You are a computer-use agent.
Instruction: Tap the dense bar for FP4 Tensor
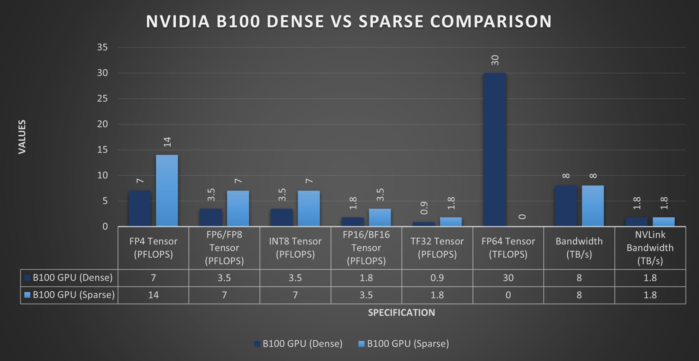[x=140, y=208]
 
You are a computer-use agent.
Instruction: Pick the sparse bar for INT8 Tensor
[x=309, y=208]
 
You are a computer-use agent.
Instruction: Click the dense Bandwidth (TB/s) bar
[x=565, y=206]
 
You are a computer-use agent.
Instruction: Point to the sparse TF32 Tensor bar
[x=451, y=222]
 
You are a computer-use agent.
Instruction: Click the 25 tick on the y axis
[x=102, y=99]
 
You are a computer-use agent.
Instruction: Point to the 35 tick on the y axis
[x=102, y=47]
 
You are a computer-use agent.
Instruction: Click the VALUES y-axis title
[x=22, y=137]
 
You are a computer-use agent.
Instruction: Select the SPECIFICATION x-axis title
[x=401, y=312]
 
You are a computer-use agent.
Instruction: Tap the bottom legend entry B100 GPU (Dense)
[x=298, y=344]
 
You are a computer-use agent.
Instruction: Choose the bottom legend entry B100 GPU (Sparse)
[x=404, y=344]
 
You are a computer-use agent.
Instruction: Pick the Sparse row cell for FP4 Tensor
[x=153, y=295]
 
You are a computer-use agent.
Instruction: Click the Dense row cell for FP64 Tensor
[x=508, y=278]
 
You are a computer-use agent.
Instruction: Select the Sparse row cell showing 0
[x=508, y=295]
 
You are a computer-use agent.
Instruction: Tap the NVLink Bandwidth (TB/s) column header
[x=650, y=248]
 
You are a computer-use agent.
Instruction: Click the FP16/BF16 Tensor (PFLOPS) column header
[x=366, y=248]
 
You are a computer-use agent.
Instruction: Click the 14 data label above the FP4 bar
[x=167, y=142]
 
